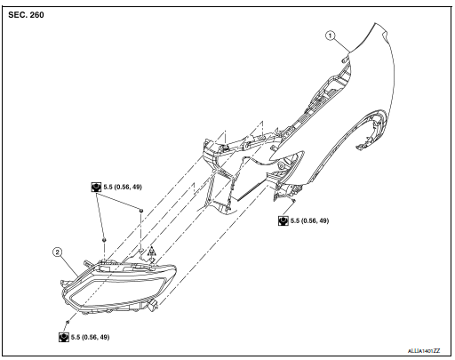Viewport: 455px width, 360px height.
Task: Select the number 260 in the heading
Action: click(x=38, y=15)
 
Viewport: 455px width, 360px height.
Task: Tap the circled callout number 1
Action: click(x=330, y=36)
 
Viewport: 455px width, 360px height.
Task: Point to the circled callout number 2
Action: click(x=57, y=252)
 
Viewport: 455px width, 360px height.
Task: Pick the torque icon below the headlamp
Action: click(x=64, y=338)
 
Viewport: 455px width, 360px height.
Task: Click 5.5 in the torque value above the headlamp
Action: click(x=109, y=188)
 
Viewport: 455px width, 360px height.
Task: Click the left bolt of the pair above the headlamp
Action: click(x=105, y=240)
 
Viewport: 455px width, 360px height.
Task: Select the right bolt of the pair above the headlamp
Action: click(x=140, y=211)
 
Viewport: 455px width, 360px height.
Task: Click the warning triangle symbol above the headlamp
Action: click(x=152, y=252)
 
